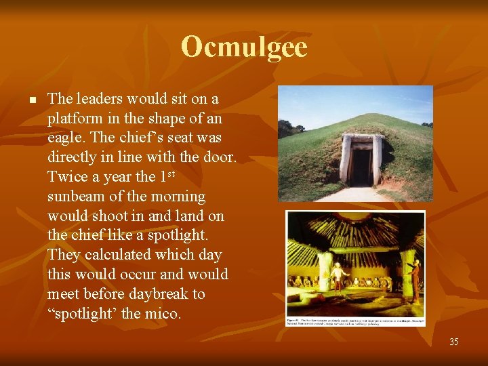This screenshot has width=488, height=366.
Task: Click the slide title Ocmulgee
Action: point(244,47)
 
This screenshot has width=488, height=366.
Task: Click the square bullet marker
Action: point(31,100)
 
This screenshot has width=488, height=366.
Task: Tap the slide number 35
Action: point(453,342)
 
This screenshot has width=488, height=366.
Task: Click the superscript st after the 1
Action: point(172,174)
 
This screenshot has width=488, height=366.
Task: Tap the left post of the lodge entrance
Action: point(346,161)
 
